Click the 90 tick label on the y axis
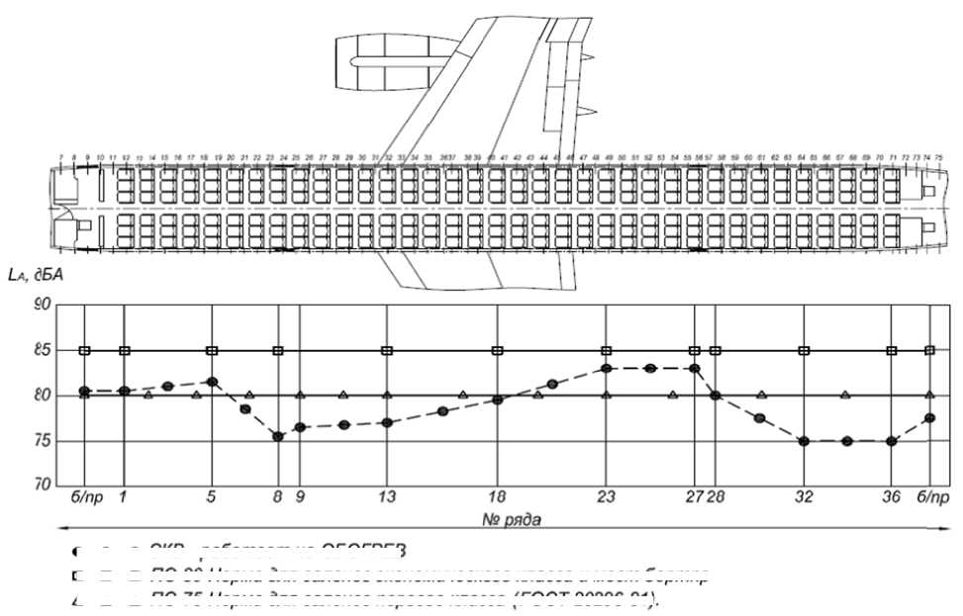pyautogui.click(x=43, y=306)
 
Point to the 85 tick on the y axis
pyautogui.click(x=43, y=350)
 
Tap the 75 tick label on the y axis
pyautogui.click(x=43, y=441)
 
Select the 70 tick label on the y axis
pyautogui.click(x=43, y=485)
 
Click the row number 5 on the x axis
pyautogui.click(x=212, y=497)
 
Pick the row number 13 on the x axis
pyautogui.click(x=387, y=497)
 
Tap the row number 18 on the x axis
pyautogui.click(x=498, y=497)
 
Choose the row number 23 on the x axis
pyautogui.click(x=607, y=497)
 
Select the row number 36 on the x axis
pyautogui.click(x=892, y=497)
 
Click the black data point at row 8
pyautogui.click(x=278, y=436)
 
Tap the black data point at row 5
pyautogui.click(x=212, y=382)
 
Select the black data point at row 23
pyautogui.click(x=607, y=368)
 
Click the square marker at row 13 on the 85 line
pyautogui.click(x=387, y=350)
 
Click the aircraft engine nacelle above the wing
pyautogui.click(x=381, y=59)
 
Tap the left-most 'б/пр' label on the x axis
pyautogui.click(x=84, y=497)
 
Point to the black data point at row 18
pyautogui.click(x=498, y=400)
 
